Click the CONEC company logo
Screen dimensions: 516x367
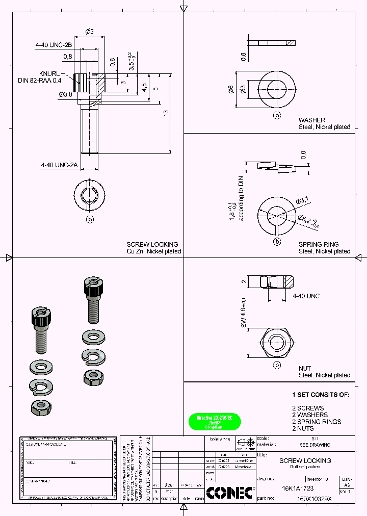[230, 492]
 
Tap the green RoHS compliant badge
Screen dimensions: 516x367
[214, 422]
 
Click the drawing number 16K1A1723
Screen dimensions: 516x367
[298, 488]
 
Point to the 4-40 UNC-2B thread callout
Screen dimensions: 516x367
[54, 45]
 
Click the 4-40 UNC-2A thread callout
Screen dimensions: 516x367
[59, 165]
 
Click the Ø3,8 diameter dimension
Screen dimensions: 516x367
[66, 94]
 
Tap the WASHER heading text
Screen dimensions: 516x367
[312, 120]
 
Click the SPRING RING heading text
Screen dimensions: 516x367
[319, 245]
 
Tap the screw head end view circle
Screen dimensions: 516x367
[90, 194]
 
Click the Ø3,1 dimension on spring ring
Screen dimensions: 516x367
[303, 200]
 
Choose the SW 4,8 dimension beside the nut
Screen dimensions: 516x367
[244, 313]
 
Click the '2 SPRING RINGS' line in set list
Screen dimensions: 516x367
[317, 422]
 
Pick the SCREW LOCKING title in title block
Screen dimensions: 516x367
[305, 460]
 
